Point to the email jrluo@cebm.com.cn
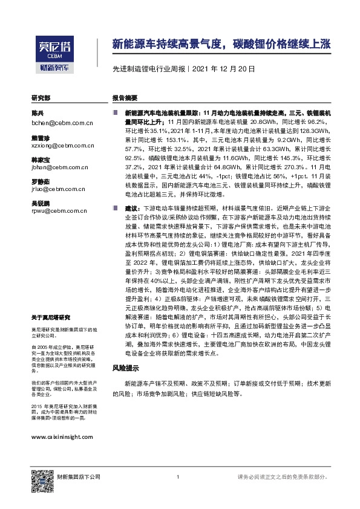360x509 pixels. pos(59,189)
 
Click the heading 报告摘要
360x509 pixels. pos(125,98)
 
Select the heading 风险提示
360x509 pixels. pos(126,368)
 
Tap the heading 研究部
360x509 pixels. pos(41,98)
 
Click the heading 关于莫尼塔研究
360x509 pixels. pos(51,317)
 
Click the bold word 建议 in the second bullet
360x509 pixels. pos(130,207)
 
